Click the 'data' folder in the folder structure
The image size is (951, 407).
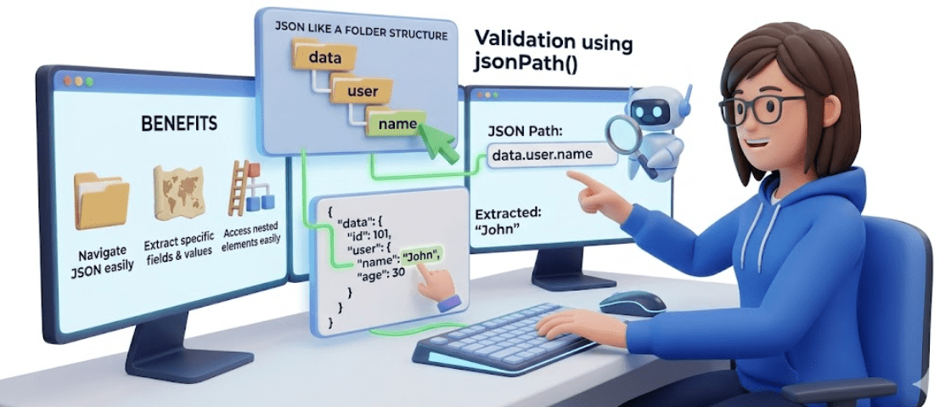324,58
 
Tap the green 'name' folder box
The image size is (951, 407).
396,124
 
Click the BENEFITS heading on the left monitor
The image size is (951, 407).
179,124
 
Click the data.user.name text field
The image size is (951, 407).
552,155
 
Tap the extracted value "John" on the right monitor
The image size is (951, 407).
498,230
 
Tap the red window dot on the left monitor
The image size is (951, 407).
67,81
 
